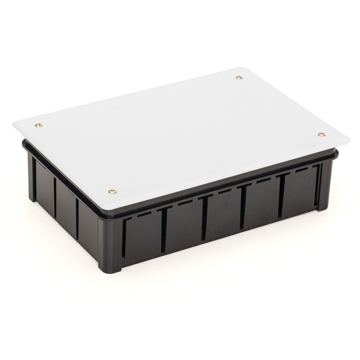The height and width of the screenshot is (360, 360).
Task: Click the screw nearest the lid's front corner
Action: (112, 192)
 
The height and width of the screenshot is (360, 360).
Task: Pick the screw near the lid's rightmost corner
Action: (320, 134)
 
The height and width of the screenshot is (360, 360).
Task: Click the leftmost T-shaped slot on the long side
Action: (164, 230)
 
